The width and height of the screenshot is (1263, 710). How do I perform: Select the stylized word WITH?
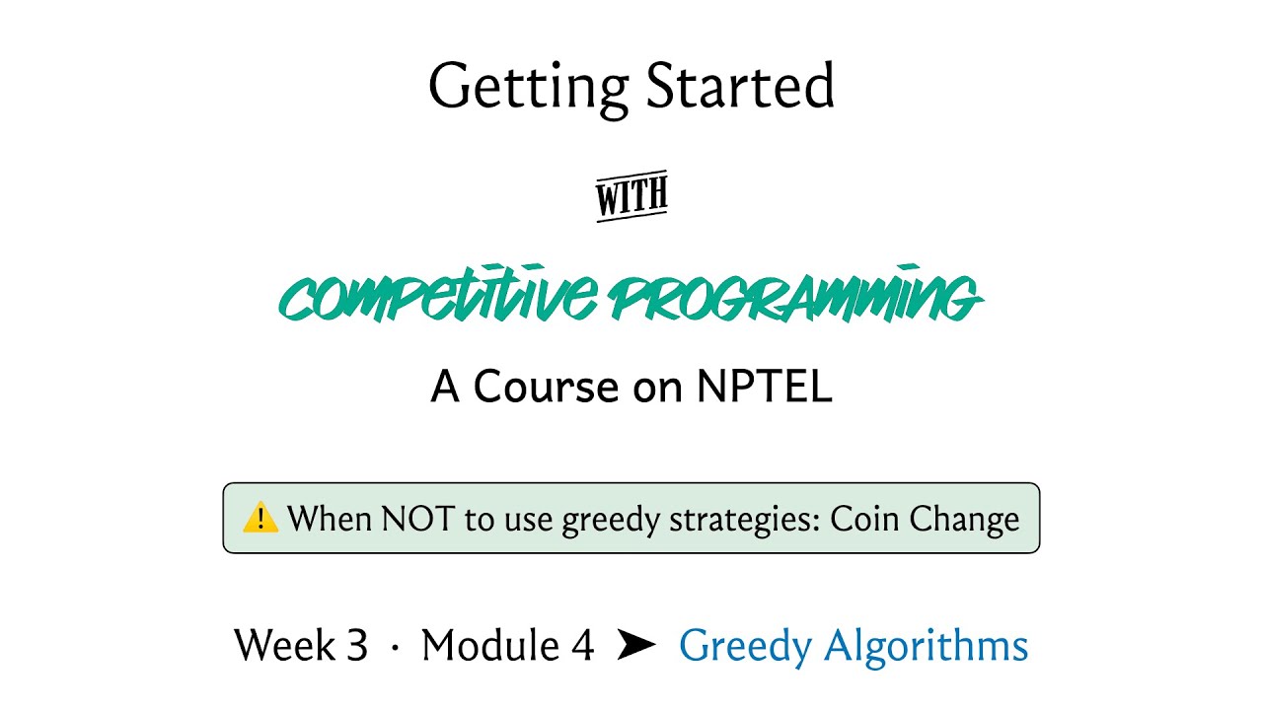(631, 198)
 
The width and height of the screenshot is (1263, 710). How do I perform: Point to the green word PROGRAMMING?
(794, 297)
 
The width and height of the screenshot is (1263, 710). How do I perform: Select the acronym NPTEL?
(765, 388)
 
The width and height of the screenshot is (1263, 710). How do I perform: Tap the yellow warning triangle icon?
(260, 517)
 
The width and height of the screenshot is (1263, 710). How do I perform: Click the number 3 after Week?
(356, 646)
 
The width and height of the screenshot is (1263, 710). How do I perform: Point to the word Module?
(489, 646)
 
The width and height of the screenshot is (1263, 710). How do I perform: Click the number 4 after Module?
(582, 646)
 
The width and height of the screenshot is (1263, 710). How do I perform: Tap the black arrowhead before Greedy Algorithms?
(636, 646)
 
